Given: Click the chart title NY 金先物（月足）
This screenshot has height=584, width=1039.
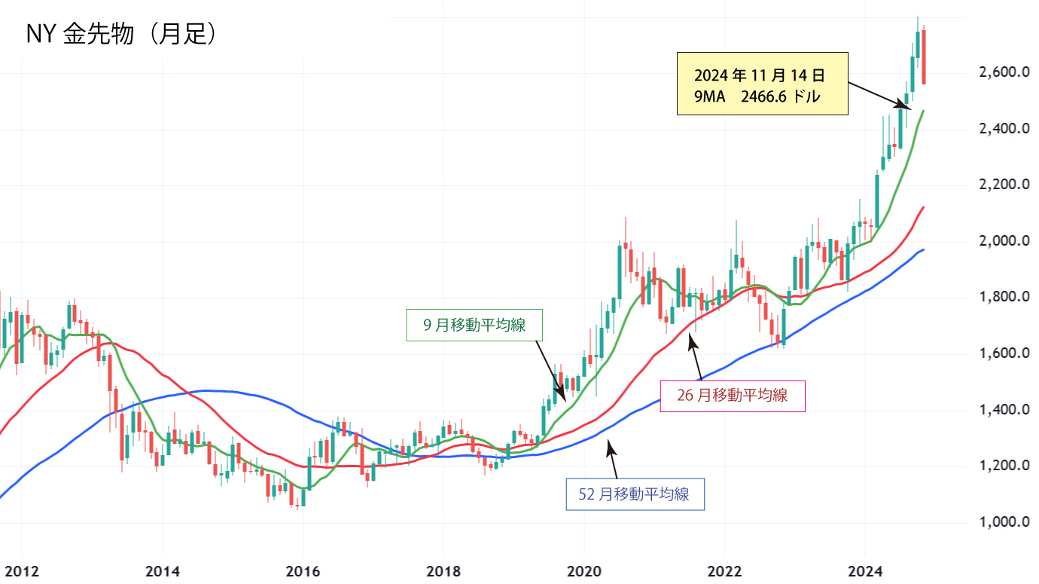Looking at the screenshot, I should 123,34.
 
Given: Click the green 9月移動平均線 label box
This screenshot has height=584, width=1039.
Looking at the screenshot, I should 474,325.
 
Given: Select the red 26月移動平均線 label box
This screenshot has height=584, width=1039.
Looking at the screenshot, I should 732,395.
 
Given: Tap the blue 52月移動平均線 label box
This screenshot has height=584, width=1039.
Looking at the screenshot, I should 635,494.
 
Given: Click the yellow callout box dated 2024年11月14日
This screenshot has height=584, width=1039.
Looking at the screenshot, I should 763,84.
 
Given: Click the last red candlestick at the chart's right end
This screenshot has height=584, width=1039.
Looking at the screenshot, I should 924,57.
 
